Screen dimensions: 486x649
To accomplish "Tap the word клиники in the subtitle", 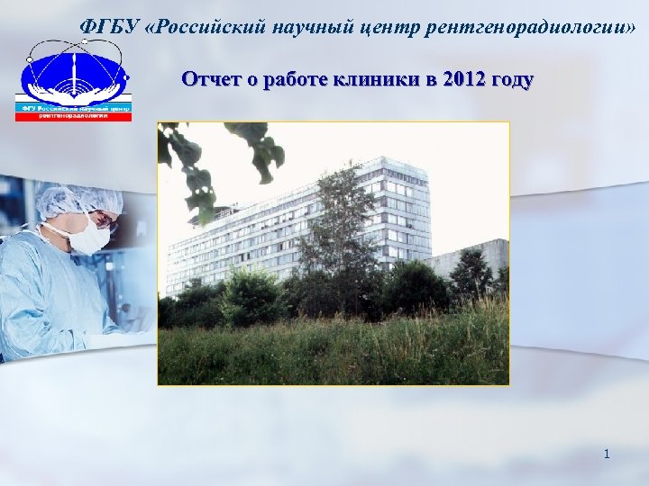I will click(x=382, y=79).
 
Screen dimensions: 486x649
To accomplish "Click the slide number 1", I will click(x=607, y=454).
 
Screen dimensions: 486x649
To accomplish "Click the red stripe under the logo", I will click(x=73, y=117).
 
